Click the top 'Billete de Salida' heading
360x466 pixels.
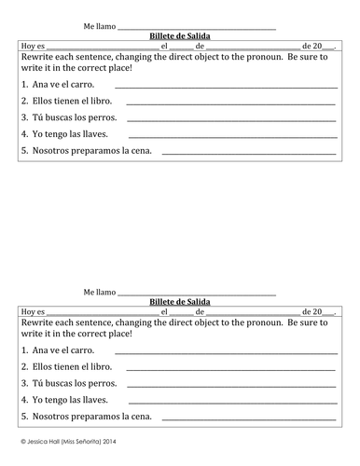click(180, 35)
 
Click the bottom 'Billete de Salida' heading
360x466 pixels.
click(180, 302)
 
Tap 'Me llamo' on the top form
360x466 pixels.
click(100, 26)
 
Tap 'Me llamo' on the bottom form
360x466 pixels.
click(100, 292)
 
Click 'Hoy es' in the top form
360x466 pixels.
click(32, 45)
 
